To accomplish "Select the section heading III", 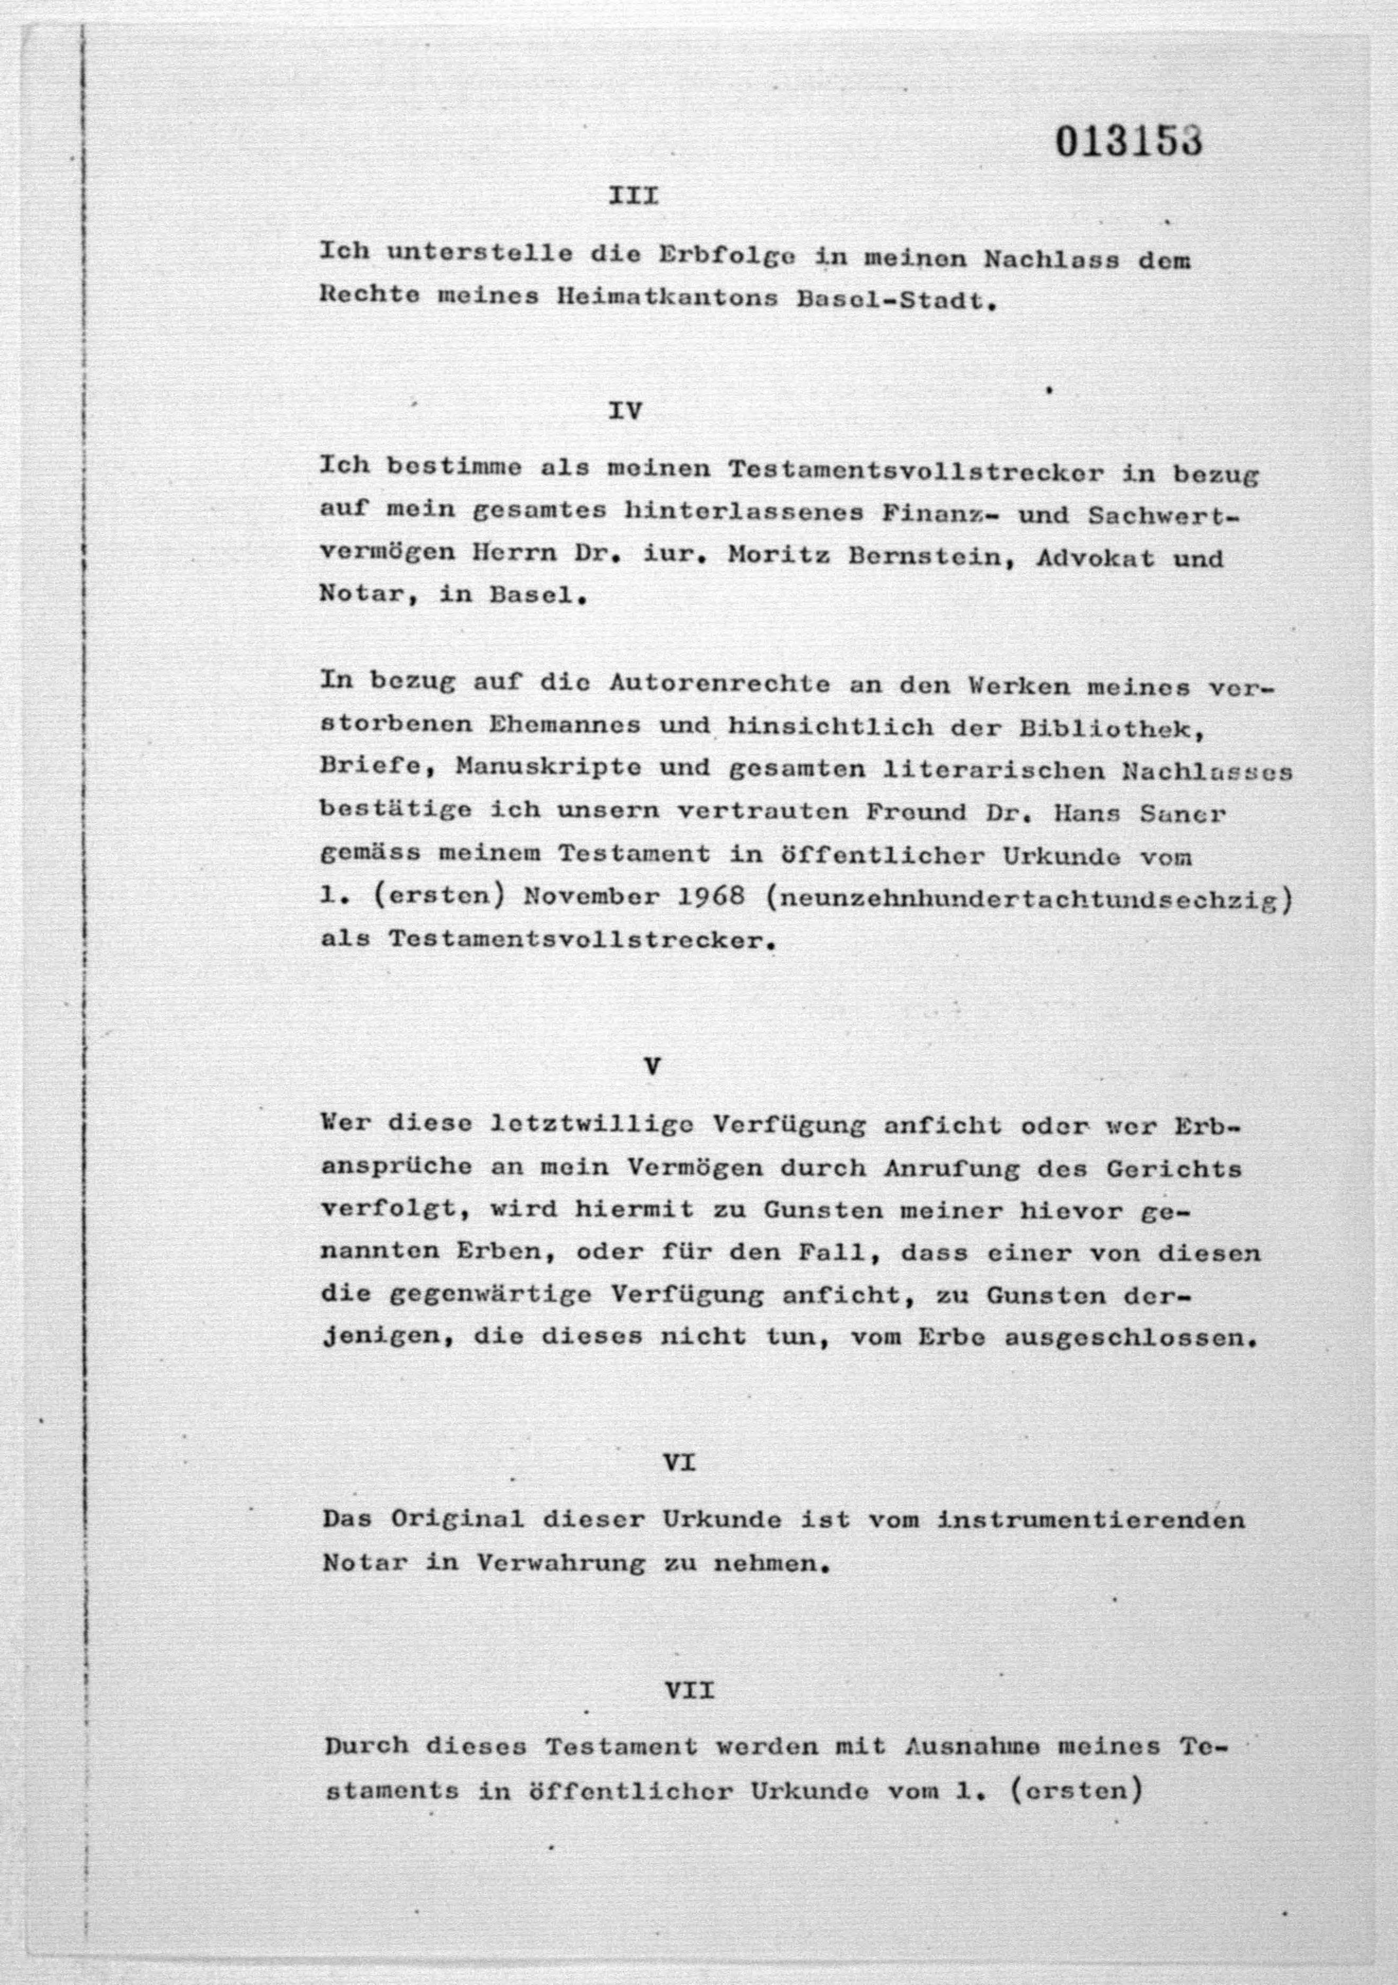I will tap(634, 196).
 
